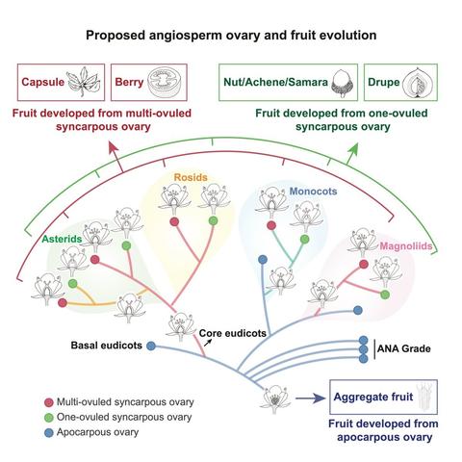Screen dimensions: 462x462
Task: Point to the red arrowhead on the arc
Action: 115,142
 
